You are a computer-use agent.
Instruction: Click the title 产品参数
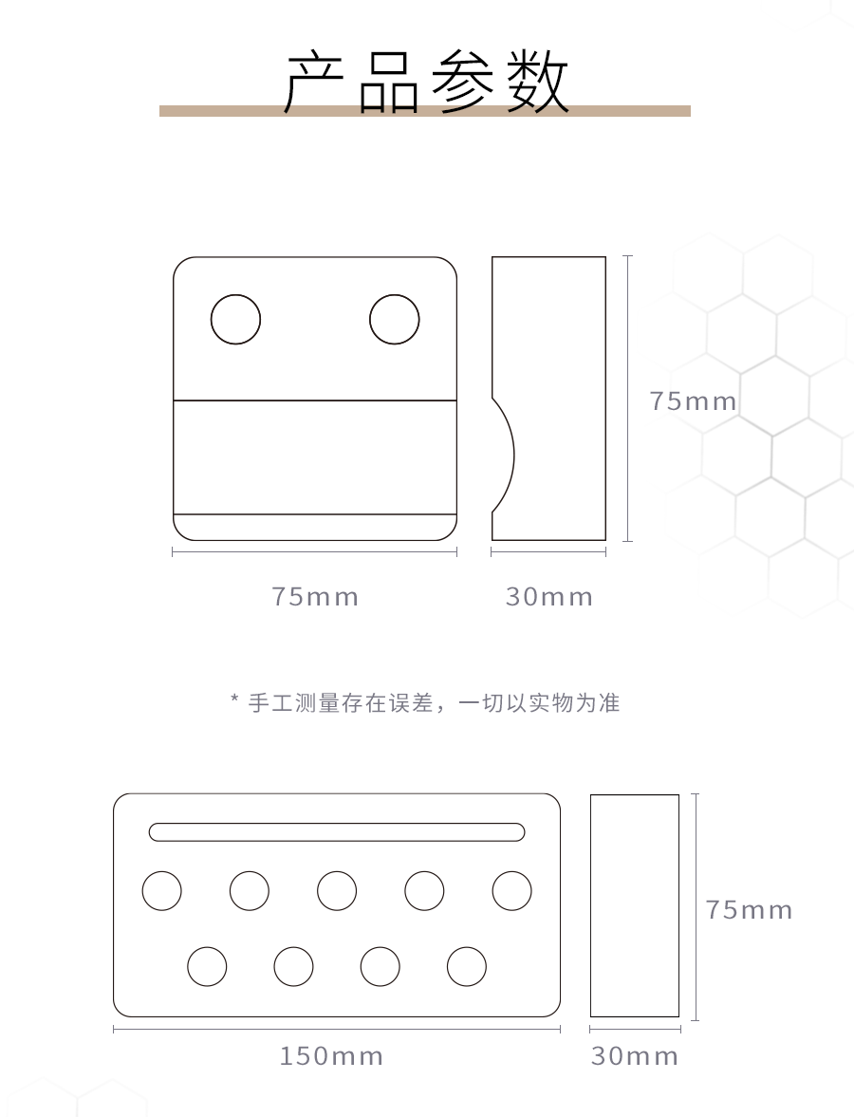(x=427, y=83)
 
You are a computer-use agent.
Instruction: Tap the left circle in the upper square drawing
(x=235, y=320)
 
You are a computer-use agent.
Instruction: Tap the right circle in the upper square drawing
(x=394, y=320)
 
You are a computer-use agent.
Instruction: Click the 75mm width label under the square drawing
(x=315, y=597)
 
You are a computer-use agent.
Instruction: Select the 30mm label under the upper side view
(x=548, y=597)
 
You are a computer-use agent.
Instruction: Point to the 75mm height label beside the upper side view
(x=693, y=401)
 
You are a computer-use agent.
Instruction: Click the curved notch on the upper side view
(x=504, y=456)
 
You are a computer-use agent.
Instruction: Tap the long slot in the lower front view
(x=337, y=832)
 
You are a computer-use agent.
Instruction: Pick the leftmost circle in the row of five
(x=161, y=891)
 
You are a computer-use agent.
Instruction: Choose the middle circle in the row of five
(x=337, y=891)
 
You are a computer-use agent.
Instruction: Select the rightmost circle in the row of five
(x=511, y=891)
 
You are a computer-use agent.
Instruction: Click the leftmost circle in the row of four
(x=207, y=967)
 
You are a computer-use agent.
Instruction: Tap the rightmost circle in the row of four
(x=467, y=967)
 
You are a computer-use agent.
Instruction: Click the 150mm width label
(x=331, y=1056)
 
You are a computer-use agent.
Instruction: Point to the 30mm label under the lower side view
(x=635, y=1056)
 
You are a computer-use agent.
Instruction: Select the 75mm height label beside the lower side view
(x=749, y=910)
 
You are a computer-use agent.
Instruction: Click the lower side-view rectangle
(x=635, y=905)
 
